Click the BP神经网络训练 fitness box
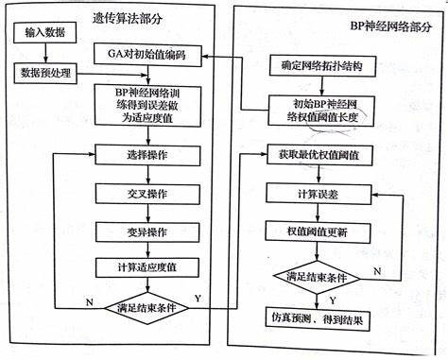click(x=146, y=105)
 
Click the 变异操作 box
click(x=146, y=231)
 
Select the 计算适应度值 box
click(x=146, y=269)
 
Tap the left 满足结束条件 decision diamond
click(x=146, y=309)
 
